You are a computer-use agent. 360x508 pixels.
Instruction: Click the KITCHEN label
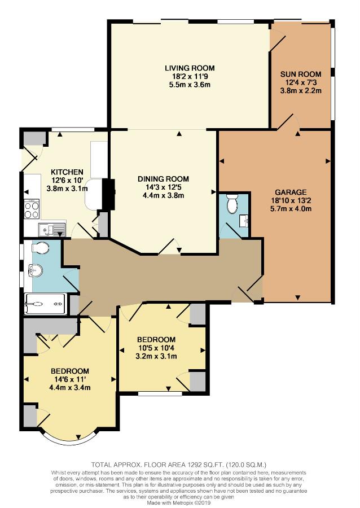67,172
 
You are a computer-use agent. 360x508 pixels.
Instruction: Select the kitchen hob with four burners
32,210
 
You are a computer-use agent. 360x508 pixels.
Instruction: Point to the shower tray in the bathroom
45,304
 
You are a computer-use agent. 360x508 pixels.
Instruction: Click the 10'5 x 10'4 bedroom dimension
156,348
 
